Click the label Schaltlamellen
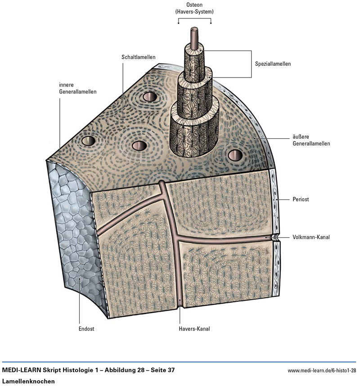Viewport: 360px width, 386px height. click(x=138, y=57)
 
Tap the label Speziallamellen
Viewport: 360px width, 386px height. click(x=270, y=64)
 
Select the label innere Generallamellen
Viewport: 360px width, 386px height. click(x=77, y=88)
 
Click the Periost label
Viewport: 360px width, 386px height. click(x=300, y=199)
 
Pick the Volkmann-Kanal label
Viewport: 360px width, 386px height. click(x=311, y=237)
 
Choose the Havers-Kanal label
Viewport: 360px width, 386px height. click(x=194, y=329)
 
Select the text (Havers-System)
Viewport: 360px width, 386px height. click(x=194, y=12)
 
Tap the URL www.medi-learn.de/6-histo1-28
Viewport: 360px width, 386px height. click(x=322, y=370)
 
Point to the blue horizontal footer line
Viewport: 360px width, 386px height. click(x=180, y=362)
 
